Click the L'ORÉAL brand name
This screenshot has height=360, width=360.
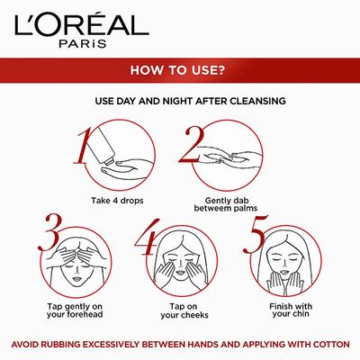point(179,20)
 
